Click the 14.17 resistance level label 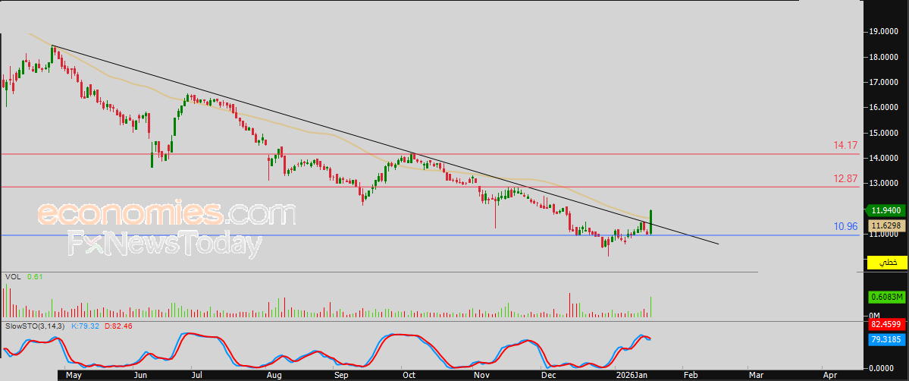[845, 145]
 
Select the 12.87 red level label [845, 178]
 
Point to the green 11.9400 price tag [885, 210]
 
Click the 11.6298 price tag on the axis [886, 225]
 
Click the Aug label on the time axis [275, 374]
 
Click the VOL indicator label [11, 277]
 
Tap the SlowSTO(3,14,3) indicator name [35, 326]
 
